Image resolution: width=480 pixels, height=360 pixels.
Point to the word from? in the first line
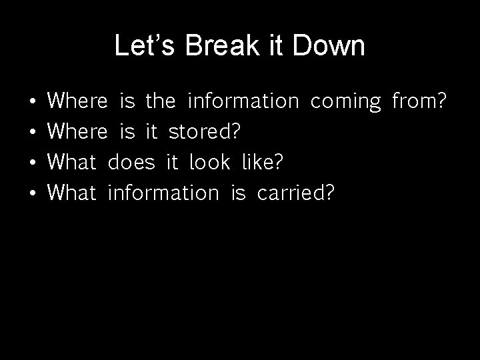(419, 101)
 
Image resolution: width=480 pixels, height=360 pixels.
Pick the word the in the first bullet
(160, 101)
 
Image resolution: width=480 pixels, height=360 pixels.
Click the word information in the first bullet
(243, 101)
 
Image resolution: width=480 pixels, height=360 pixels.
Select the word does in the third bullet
(131, 162)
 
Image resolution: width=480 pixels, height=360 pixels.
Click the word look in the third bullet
(210, 162)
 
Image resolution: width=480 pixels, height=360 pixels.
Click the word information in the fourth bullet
(163, 193)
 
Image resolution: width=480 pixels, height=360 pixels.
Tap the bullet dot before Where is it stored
(33, 133)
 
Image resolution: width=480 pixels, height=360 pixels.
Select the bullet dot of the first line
(33, 102)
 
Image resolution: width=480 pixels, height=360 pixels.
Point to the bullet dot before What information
(33, 194)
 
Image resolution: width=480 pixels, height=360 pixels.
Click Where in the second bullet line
(78, 132)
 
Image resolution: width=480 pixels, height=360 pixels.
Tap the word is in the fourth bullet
(238, 193)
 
